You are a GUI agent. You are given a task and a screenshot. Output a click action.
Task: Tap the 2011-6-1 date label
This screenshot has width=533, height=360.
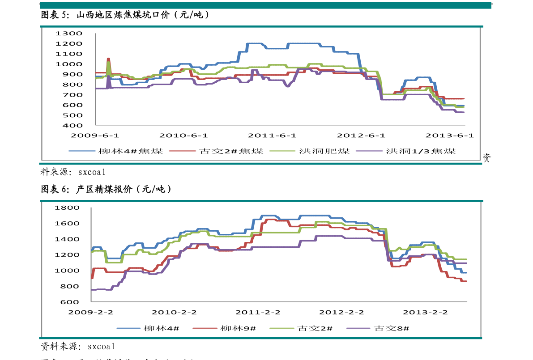pyautogui.click(x=273, y=135)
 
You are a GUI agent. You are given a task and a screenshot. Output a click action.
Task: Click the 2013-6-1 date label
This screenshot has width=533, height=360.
pyautogui.click(x=450, y=135)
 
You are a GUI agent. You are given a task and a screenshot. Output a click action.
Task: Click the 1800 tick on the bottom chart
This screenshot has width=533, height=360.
pyautogui.click(x=67, y=208)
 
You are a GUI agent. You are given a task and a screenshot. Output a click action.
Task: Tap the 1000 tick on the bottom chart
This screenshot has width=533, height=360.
pyautogui.click(x=67, y=271)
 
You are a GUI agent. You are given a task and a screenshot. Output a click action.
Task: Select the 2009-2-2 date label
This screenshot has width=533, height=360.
pyautogui.click(x=91, y=312)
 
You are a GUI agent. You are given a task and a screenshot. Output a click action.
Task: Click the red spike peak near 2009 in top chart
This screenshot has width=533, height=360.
pyautogui.click(x=108, y=59)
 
